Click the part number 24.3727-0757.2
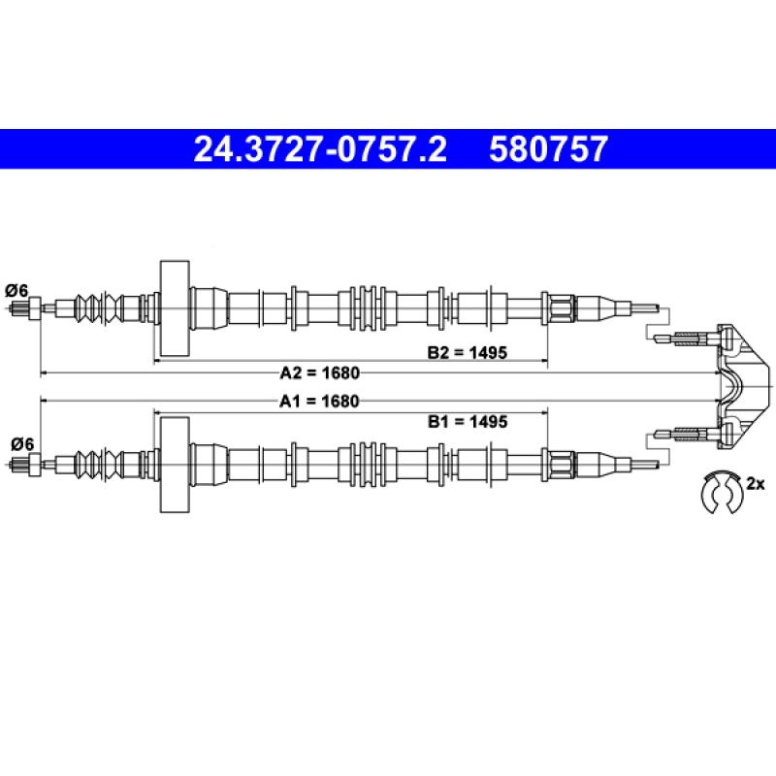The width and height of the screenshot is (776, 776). pyautogui.click(x=320, y=149)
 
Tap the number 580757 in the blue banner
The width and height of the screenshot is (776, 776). pyautogui.click(x=548, y=149)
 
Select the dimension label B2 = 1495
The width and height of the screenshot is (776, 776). pyautogui.click(x=468, y=352)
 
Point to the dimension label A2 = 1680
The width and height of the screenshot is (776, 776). pyautogui.click(x=320, y=372)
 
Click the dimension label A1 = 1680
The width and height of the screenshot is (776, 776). pyautogui.click(x=319, y=401)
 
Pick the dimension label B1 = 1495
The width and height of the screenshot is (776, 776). pyautogui.click(x=468, y=422)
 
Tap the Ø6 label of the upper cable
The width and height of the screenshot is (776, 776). pyautogui.click(x=16, y=290)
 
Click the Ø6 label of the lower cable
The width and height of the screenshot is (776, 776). pyautogui.click(x=22, y=444)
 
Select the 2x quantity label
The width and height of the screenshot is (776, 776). pyautogui.click(x=756, y=483)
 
